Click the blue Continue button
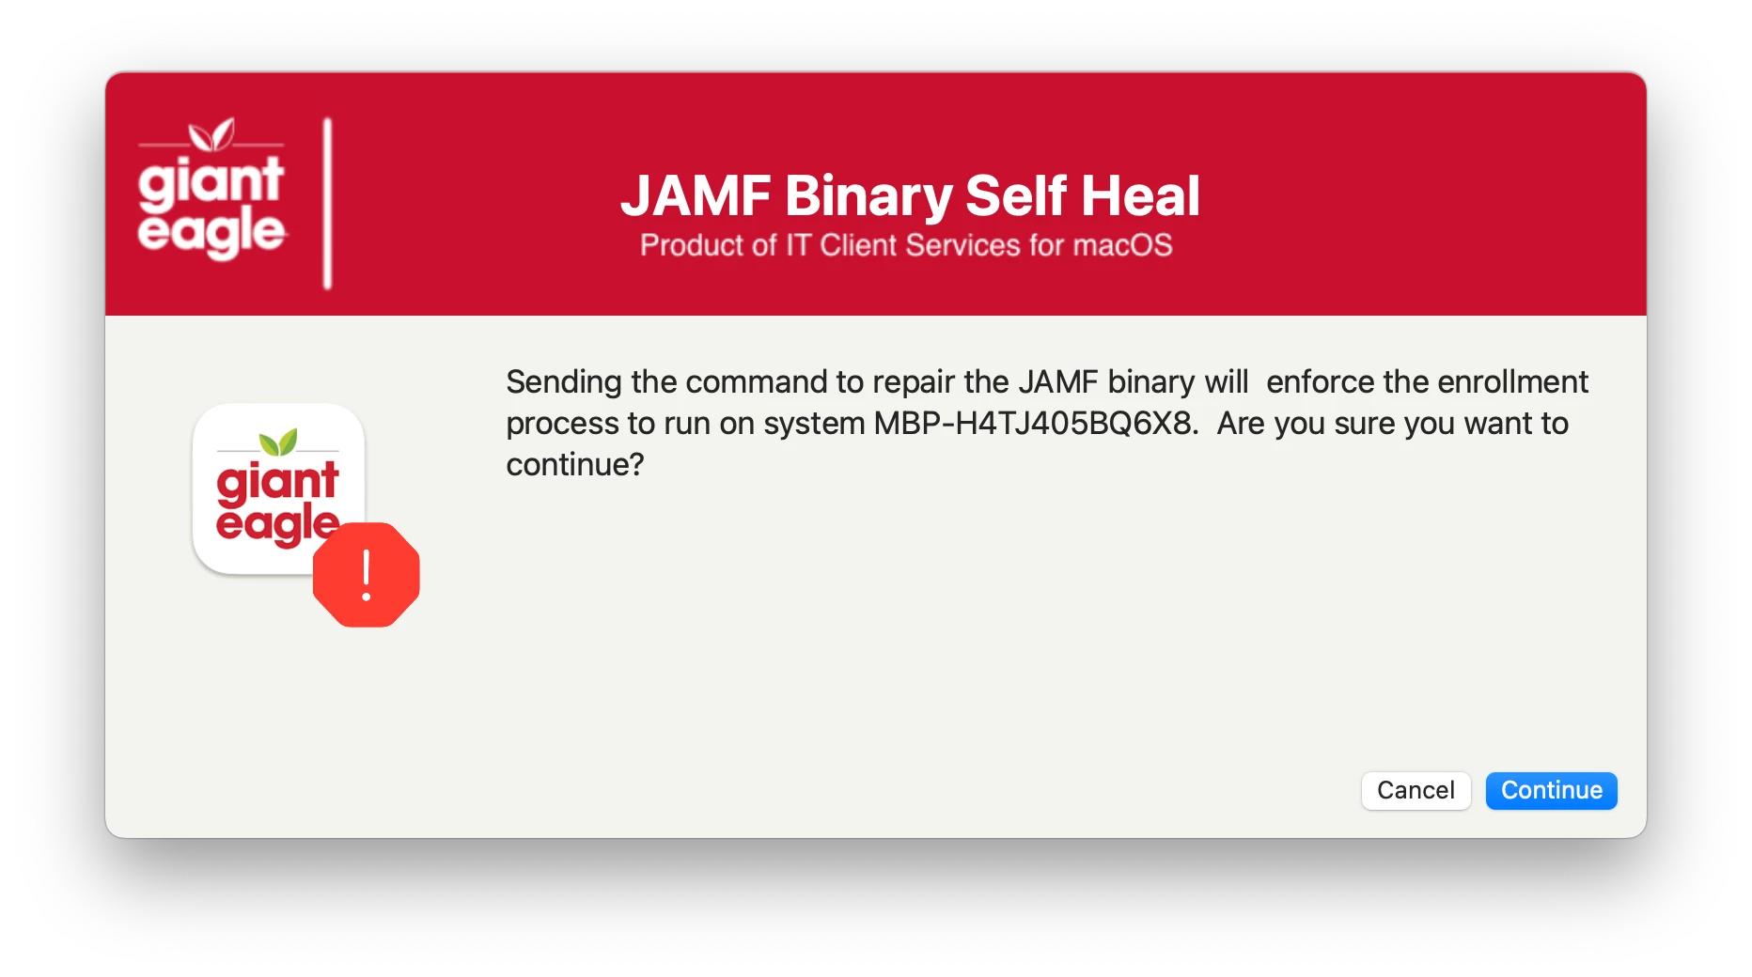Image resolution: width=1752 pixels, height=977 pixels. pos(1551,790)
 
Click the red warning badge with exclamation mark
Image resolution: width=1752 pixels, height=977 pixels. pos(367,574)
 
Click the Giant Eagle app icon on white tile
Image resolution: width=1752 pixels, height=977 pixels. pos(278,488)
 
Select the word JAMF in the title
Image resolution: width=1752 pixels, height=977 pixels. pos(696,195)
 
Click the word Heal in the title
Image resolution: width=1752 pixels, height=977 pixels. pos(1140,195)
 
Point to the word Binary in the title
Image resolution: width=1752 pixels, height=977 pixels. pos(869,197)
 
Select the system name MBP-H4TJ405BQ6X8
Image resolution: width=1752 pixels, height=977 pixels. pos(1037,424)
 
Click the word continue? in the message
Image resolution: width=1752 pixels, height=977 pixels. pos(575,465)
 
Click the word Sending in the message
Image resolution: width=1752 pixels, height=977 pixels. pos(564,383)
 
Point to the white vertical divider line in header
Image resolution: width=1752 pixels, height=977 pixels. pos(327,203)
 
